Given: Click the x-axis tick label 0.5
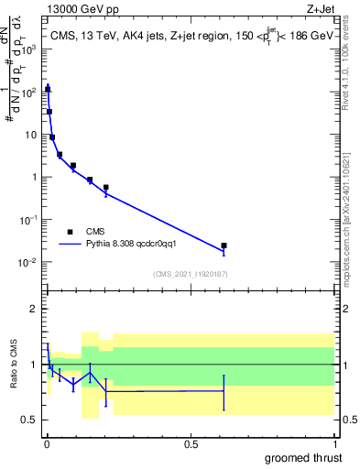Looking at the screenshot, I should point(191,444).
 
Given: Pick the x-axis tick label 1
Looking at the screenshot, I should point(334,444).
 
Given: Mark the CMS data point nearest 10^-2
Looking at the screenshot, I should point(224,245).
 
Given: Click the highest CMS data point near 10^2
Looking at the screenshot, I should point(48,89).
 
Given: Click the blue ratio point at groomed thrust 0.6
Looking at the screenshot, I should point(224,391).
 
